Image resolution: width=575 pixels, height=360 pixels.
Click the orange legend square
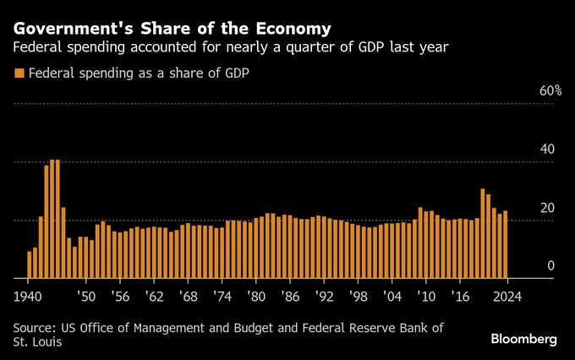(x=19, y=74)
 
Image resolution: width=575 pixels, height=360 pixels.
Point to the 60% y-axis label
(x=550, y=90)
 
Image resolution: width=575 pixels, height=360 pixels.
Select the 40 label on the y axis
(x=547, y=149)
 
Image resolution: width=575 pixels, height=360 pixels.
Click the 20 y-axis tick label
(x=547, y=208)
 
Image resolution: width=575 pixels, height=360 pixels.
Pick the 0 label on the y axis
(x=550, y=266)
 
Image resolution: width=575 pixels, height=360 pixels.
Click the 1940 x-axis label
(x=30, y=297)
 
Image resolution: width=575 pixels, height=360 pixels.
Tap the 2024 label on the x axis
(x=507, y=297)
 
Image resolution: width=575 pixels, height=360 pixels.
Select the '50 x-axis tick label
(x=86, y=297)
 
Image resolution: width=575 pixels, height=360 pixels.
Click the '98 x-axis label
(x=359, y=297)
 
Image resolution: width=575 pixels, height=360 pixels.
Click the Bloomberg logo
(x=523, y=338)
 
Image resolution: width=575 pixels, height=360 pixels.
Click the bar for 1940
(x=30, y=265)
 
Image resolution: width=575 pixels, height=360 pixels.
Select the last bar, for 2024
(x=506, y=244)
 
